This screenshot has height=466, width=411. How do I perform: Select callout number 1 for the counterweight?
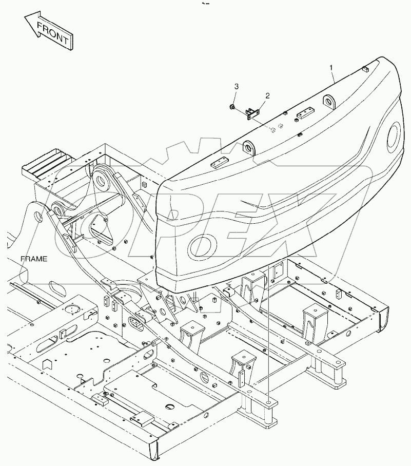331,67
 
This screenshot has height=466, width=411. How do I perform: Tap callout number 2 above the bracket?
267,96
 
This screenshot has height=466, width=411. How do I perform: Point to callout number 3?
236,85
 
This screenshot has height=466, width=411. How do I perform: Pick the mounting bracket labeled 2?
253,112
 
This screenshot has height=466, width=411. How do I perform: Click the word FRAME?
34,259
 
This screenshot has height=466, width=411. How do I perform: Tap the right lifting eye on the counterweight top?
327,101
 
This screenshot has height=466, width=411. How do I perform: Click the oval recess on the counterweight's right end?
395,135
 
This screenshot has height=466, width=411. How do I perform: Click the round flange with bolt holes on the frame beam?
71,309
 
